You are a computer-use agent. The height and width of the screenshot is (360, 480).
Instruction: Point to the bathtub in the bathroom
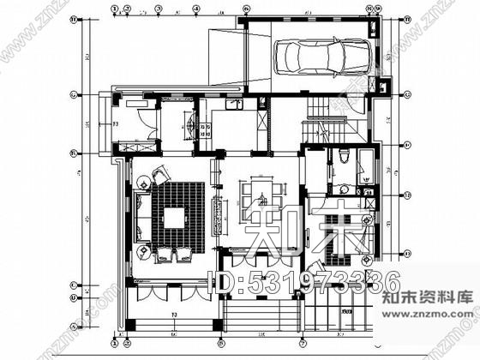coord(366,163)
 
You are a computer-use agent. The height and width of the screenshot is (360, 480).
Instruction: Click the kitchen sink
coord(233,105)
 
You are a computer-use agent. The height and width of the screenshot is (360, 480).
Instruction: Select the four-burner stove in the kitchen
coord(203,129)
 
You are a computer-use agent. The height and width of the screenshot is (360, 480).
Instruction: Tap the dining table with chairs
coord(257,197)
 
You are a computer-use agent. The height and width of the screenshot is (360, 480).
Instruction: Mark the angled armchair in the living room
coord(159,177)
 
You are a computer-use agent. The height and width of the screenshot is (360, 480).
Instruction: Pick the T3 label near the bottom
coord(173,317)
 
